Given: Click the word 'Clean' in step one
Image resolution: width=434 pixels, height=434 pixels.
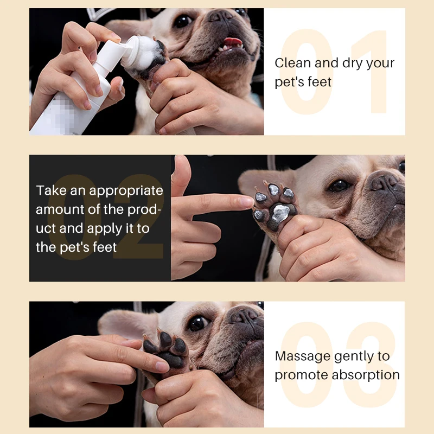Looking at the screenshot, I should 293,63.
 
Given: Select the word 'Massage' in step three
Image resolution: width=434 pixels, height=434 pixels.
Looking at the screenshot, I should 302,356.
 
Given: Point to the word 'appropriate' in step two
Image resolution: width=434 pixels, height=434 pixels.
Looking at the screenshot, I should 126,191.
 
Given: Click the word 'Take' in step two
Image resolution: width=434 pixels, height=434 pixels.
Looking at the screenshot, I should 49,191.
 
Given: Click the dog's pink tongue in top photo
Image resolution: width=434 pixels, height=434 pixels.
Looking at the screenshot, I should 233,41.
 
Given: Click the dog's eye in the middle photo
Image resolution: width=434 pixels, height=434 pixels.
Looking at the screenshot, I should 340,186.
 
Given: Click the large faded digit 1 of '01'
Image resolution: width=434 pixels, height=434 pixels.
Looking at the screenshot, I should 374,71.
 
